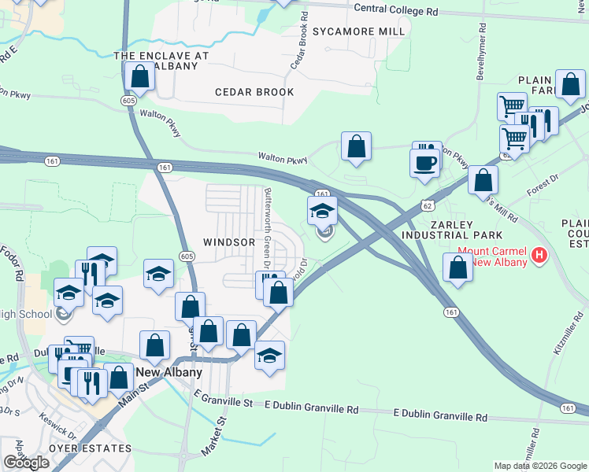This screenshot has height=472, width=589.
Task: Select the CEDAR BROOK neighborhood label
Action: [x=254, y=92]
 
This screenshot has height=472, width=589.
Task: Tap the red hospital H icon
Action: [x=539, y=255]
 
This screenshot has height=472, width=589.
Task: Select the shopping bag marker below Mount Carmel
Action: [x=458, y=267]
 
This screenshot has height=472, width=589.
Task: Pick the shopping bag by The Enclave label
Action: [x=140, y=77]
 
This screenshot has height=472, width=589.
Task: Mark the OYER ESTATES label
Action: [x=90, y=448]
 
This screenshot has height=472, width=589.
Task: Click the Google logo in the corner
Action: [x=26, y=463]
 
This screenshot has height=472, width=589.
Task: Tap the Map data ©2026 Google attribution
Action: [x=540, y=466]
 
